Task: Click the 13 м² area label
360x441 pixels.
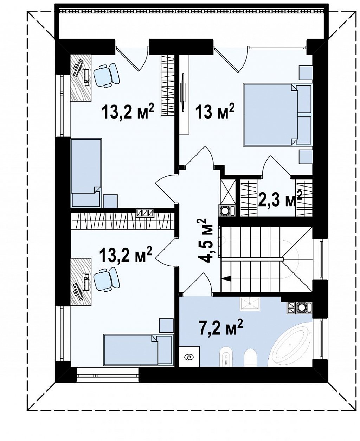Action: (x=214, y=112)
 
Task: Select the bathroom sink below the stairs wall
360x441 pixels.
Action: (x=250, y=304)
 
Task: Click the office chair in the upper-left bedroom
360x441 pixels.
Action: (x=107, y=75)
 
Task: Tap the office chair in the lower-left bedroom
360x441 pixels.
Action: (x=107, y=279)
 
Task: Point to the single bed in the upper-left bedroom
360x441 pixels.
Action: (x=86, y=173)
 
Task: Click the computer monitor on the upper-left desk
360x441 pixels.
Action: (x=78, y=68)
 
